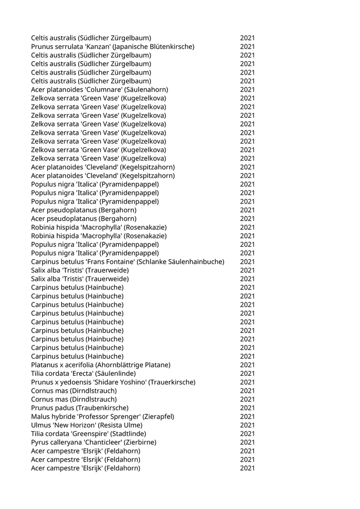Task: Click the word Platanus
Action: [x=45, y=365]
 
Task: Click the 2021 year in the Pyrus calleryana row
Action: [x=247, y=442]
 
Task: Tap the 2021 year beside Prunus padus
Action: [x=247, y=408]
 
